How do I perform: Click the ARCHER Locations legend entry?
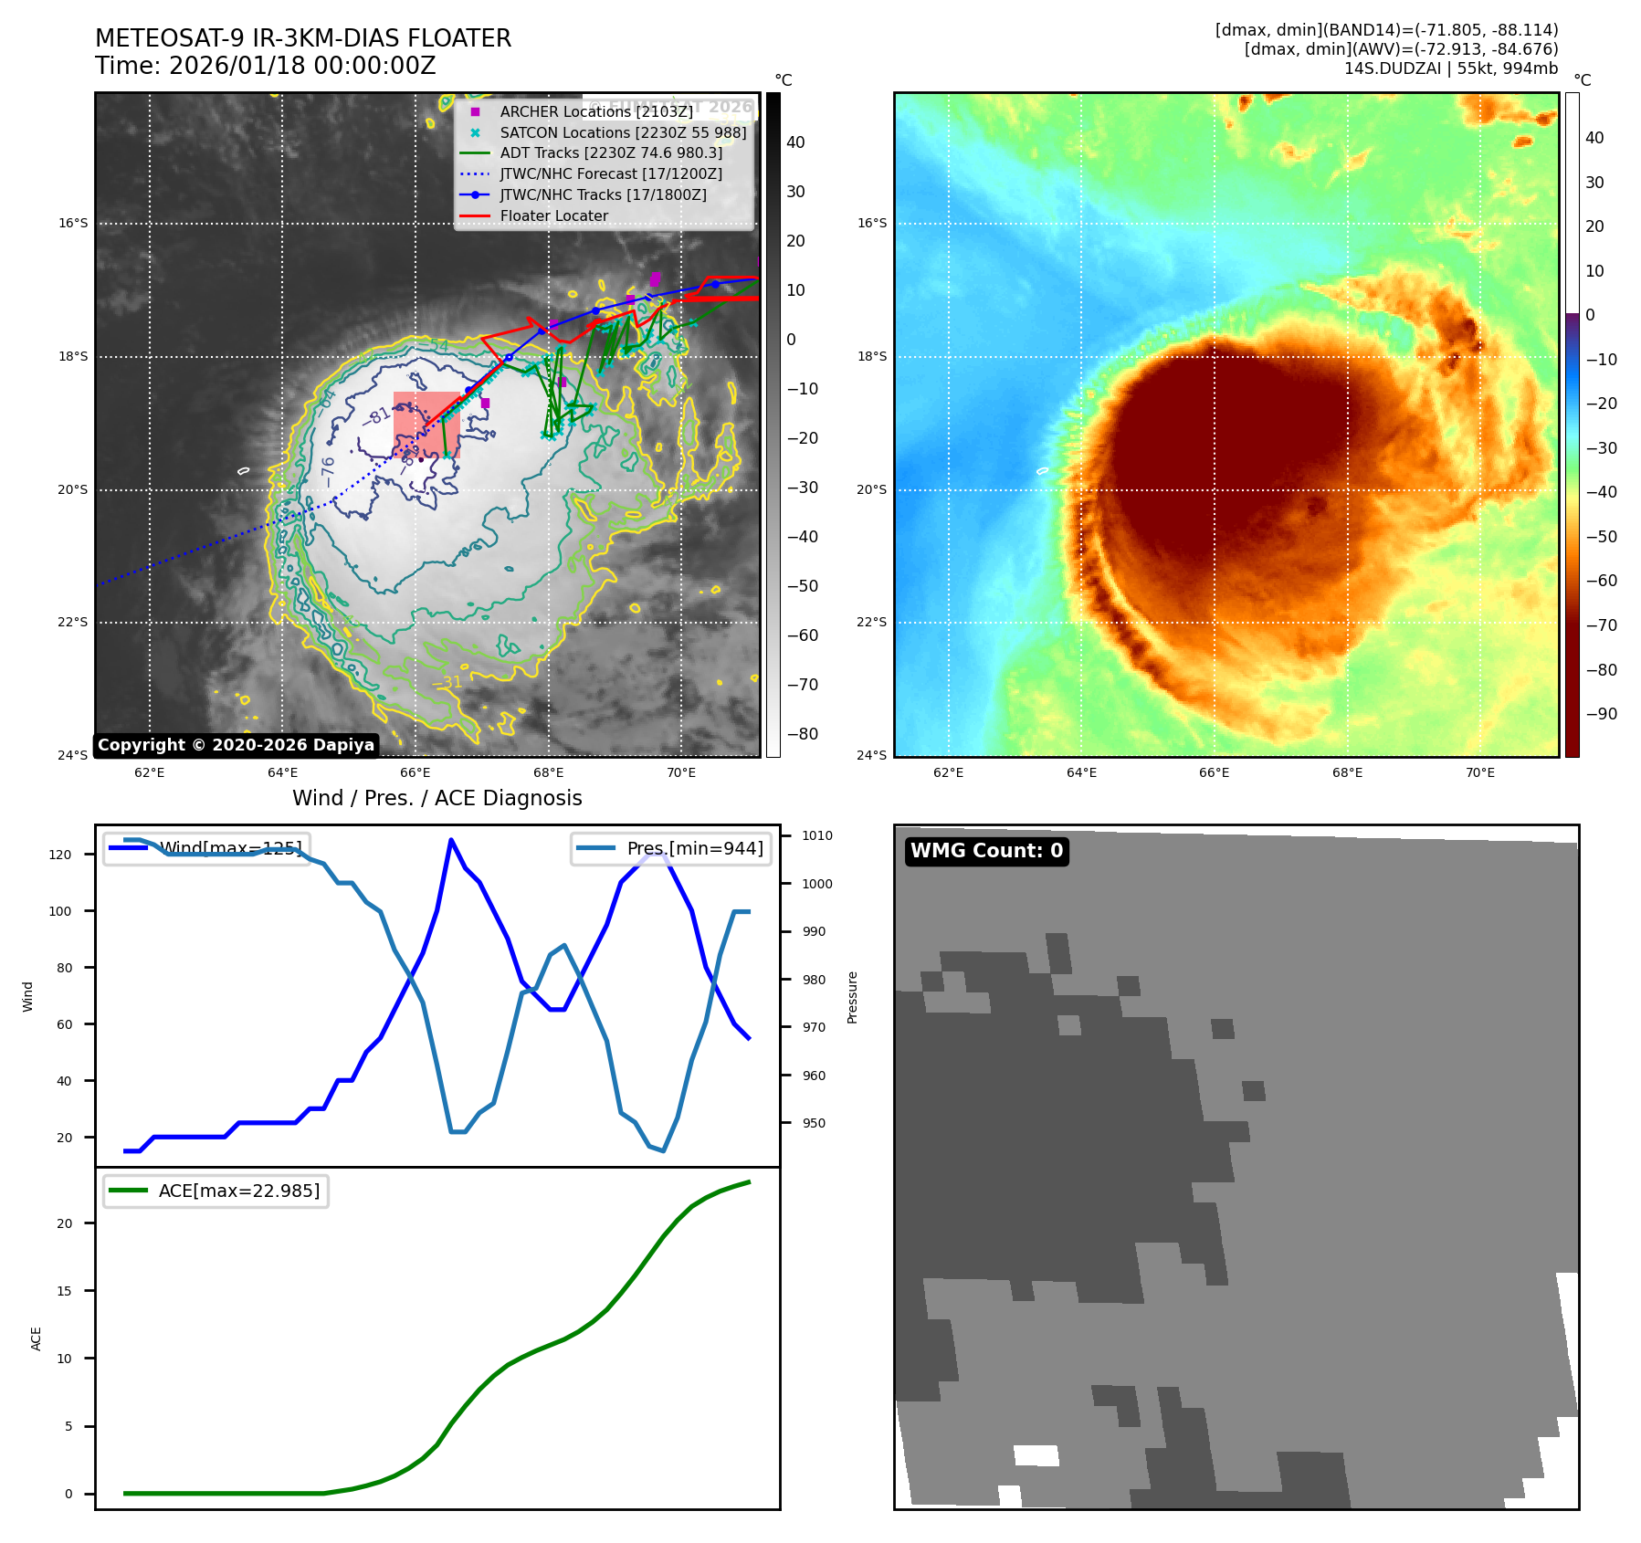[x=595, y=111]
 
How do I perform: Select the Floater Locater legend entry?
[x=553, y=215]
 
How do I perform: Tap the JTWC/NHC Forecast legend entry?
[x=610, y=173]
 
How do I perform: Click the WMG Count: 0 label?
[x=986, y=851]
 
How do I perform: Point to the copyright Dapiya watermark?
[x=236, y=745]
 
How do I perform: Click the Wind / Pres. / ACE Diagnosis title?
[x=437, y=798]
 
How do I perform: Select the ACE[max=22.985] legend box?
[x=216, y=1191]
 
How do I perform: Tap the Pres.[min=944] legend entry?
[x=672, y=848]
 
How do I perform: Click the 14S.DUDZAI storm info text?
[x=1450, y=68]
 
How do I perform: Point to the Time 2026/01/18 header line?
[x=265, y=66]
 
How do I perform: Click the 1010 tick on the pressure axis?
[x=817, y=835]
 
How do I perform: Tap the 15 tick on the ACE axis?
[x=64, y=1291]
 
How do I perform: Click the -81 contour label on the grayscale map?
[x=376, y=417]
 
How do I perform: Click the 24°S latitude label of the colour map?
[x=871, y=755]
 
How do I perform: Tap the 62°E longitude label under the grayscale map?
[x=150, y=772]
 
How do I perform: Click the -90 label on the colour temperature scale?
[x=1601, y=714]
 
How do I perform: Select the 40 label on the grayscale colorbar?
[x=795, y=142]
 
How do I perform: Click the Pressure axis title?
[x=852, y=997]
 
